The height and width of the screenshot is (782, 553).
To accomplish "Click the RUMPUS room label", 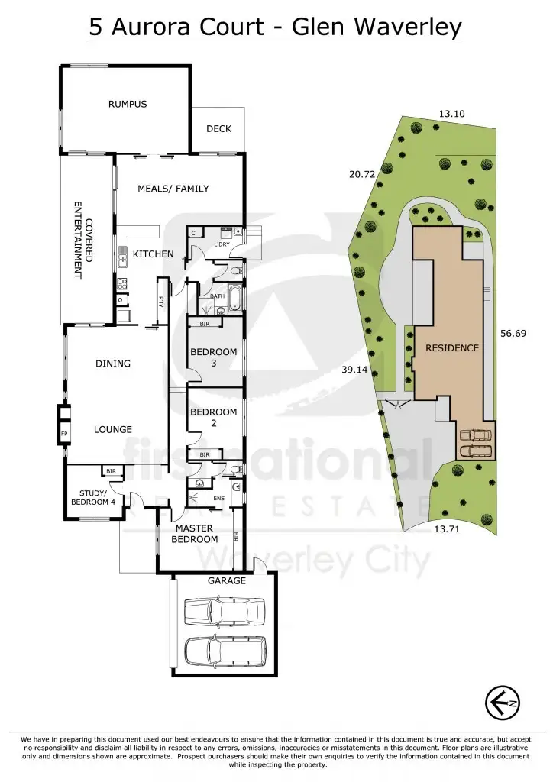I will tap(127, 104).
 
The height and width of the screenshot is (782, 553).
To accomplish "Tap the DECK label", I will tap(218, 129).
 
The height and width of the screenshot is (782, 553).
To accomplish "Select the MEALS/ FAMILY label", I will tap(173, 189).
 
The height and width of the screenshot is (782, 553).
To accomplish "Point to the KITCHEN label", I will tap(154, 254).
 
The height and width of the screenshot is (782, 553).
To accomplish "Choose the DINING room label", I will tap(113, 364).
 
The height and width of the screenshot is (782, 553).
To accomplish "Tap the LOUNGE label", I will tap(113, 430).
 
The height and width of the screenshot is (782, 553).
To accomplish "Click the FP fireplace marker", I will tap(64, 435).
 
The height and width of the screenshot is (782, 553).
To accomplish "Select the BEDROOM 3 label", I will tap(214, 357).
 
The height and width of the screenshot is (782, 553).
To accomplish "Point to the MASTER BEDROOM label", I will tap(195, 533).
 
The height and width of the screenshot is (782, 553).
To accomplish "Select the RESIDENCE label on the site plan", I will tap(452, 348).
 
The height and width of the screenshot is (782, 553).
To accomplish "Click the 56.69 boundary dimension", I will tap(514, 334).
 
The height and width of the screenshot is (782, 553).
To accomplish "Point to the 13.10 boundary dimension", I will tap(451, 114).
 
